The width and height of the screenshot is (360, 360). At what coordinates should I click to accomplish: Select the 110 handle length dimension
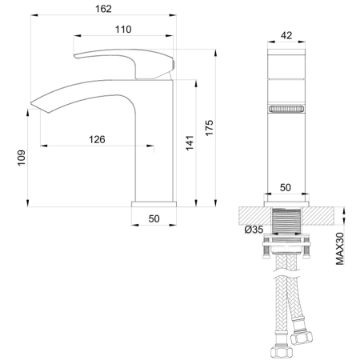(x=123, y=30)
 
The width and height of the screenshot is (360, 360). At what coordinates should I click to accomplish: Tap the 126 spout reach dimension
(x=97, y=139)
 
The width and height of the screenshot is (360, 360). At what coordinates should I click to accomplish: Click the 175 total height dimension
(x=210, y=128)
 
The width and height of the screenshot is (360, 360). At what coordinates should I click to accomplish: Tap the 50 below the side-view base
(x=154, y=218)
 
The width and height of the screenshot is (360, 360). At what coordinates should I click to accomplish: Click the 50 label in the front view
(x=285, y=186)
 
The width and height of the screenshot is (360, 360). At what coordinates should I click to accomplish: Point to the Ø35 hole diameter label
(x=254, y=230)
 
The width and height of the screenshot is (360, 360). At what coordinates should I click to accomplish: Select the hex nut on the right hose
(x=302, y=337)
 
